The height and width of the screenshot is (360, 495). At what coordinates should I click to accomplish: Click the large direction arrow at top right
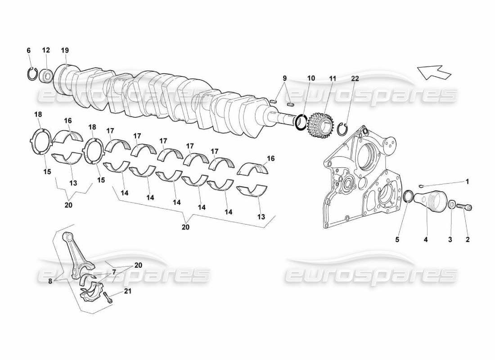click(434, 72)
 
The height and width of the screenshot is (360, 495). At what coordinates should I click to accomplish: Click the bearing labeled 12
click(46, 75)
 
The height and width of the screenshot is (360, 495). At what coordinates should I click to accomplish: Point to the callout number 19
click(65, 50)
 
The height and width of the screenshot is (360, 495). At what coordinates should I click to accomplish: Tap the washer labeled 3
click(451, 205)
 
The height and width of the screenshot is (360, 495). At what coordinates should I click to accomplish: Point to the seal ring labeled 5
click(408, 197)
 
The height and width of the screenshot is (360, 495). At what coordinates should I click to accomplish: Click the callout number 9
click(284, 78)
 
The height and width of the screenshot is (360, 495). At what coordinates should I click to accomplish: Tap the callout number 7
click(114, 272)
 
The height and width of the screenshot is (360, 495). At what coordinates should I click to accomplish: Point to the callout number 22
click(355, 78)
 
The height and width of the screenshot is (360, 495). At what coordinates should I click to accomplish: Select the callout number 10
click(311, 78)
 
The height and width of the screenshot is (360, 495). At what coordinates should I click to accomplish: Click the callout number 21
click(128, 291)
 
